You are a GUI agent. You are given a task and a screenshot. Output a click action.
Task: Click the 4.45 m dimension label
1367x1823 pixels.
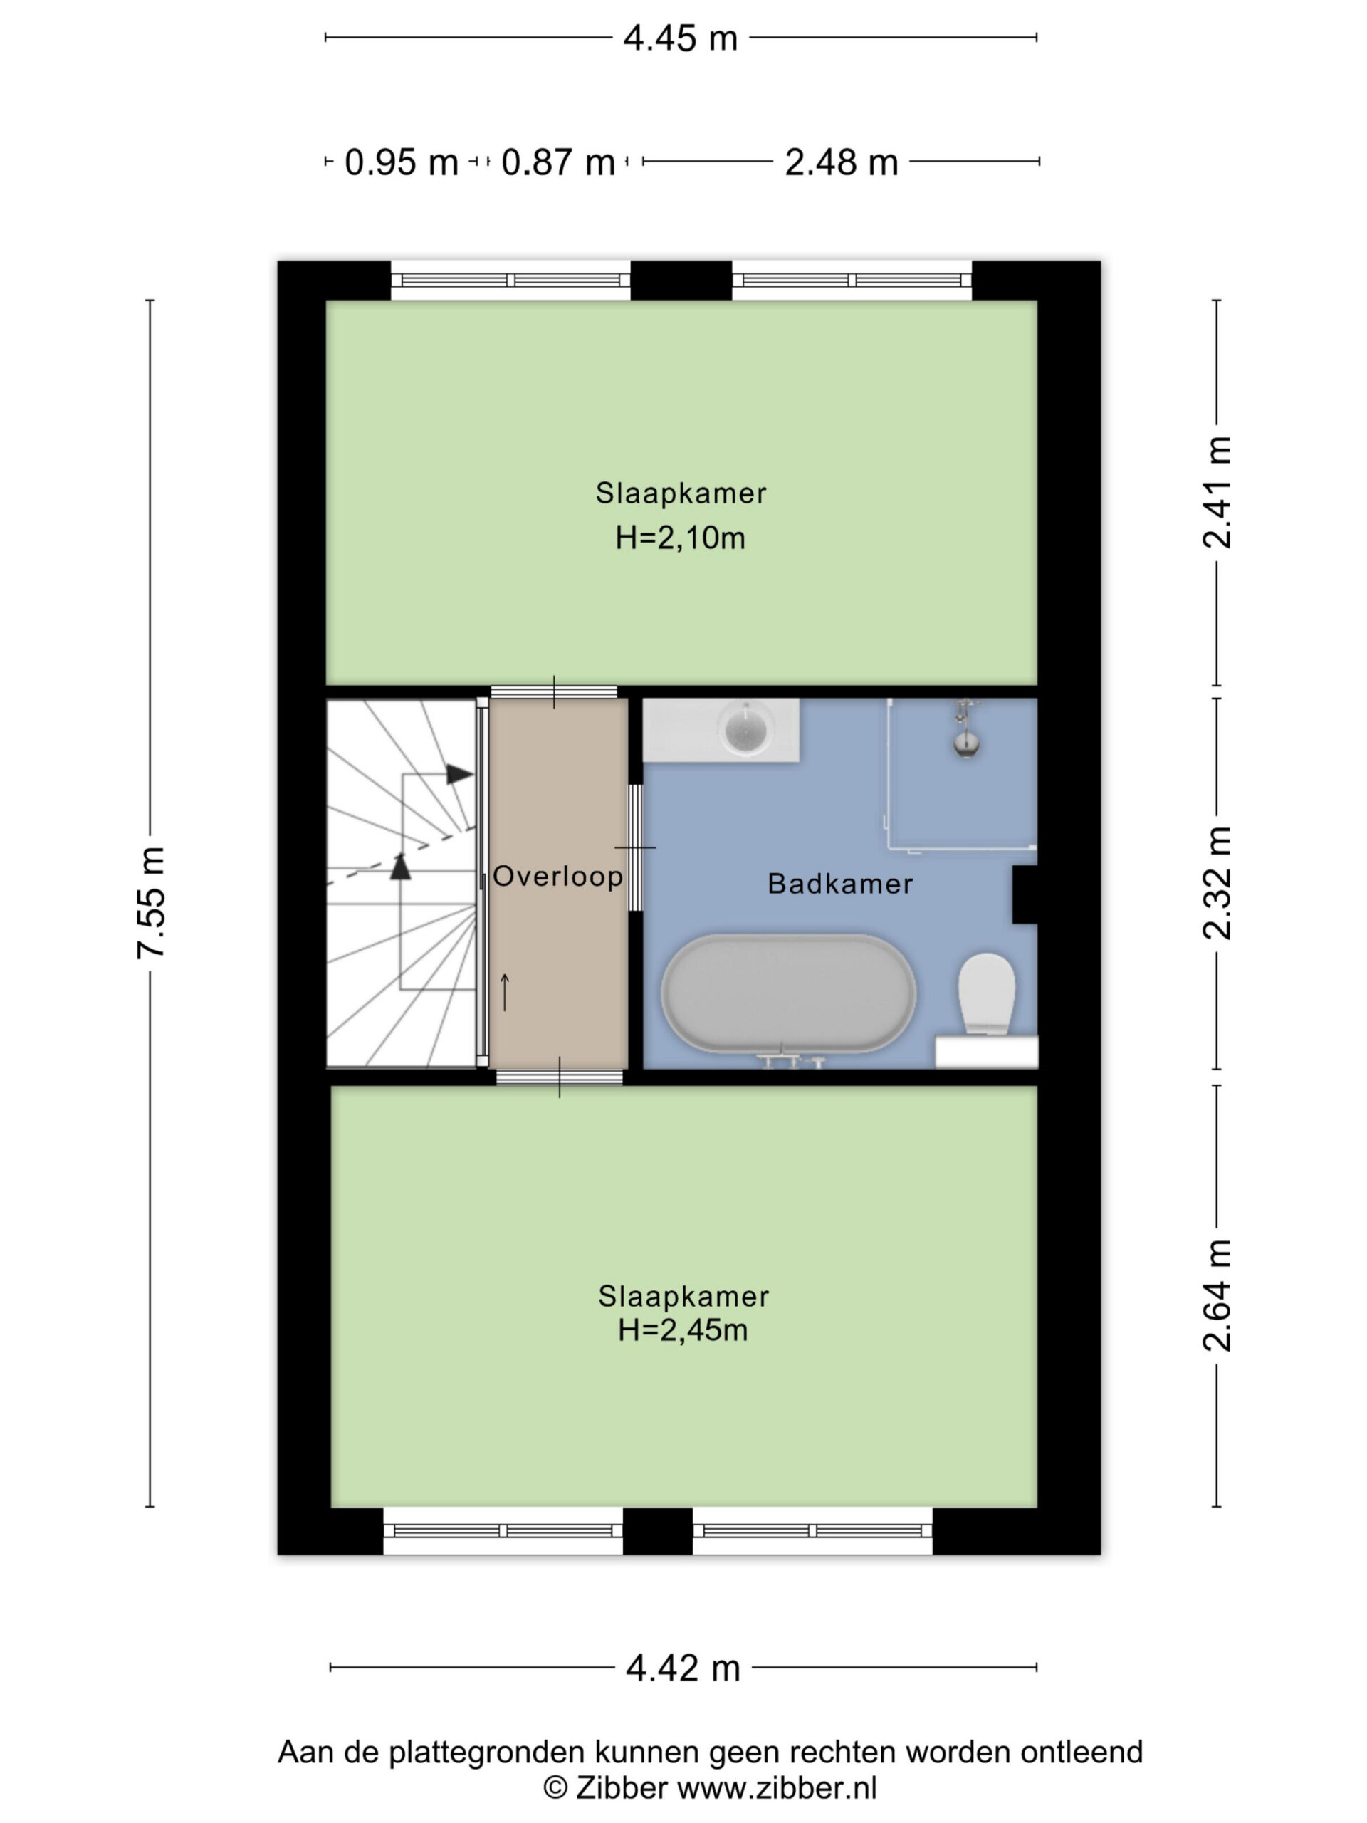680,38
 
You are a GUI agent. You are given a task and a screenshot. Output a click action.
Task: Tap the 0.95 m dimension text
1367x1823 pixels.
402,162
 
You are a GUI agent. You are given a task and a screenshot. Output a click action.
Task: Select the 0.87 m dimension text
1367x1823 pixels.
558,162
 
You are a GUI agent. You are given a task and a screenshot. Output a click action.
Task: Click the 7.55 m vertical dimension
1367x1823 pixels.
152,902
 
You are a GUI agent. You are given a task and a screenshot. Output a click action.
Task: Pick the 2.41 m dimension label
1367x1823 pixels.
1216,492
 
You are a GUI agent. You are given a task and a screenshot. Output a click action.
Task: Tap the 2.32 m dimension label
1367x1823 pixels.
1216,882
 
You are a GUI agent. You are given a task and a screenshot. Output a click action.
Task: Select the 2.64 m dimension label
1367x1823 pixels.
1216,1295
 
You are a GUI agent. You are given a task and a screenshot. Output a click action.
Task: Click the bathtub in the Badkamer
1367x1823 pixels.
789,994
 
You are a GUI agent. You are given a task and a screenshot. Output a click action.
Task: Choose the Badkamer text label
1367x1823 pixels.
840,884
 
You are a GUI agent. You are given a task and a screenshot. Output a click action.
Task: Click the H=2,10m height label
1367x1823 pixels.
681,538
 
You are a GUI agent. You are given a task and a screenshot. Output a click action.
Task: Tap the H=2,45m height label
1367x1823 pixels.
683,1330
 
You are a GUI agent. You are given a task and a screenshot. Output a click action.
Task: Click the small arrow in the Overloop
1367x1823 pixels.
505,992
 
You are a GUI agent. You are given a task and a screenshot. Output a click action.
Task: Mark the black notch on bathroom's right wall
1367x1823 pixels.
1025,894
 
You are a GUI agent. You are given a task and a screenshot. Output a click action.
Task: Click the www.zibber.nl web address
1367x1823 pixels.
777,1787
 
